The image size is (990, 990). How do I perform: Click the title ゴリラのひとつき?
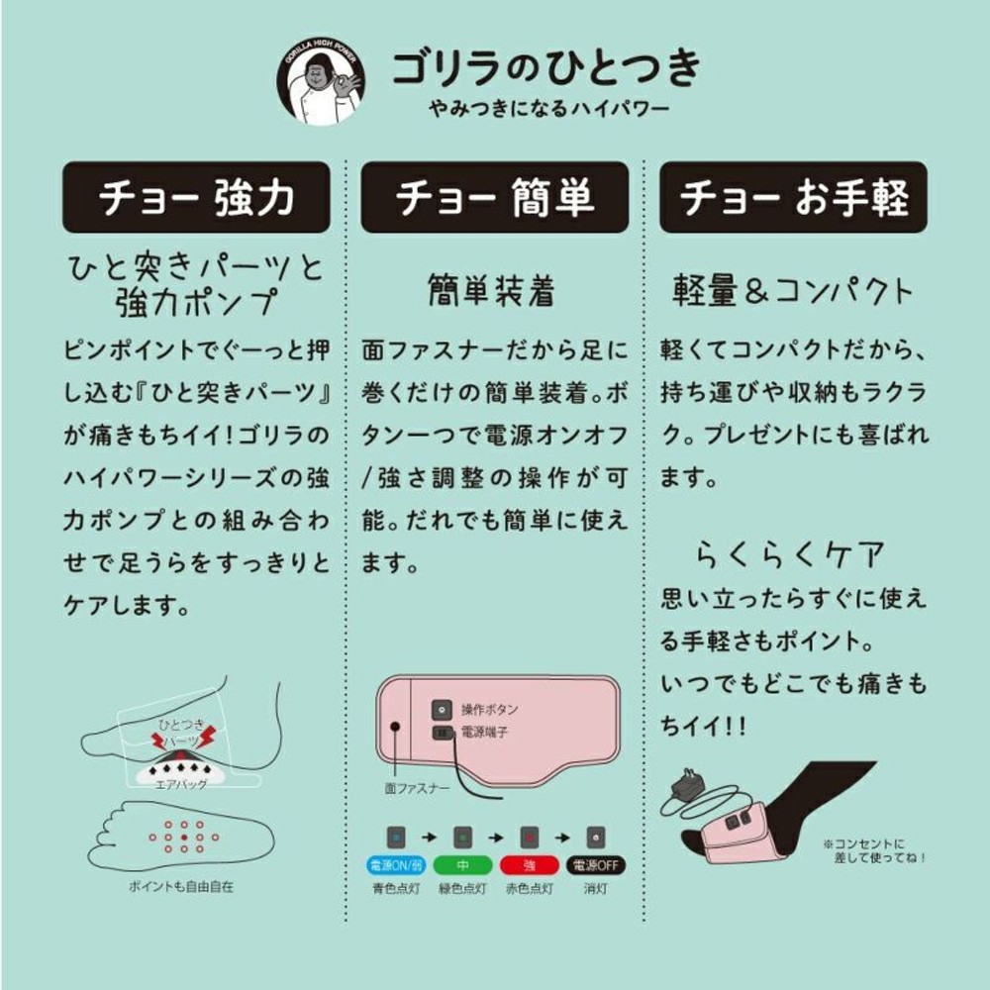pos(545,67)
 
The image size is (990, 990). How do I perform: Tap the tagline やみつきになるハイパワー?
pos(544,108)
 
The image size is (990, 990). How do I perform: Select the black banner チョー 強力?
pos(196,197)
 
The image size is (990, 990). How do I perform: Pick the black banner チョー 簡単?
pos(494,197)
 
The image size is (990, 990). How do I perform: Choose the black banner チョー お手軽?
pos(793,197)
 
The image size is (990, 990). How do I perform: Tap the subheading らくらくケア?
pos(789,551)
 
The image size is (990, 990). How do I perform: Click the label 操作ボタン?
pos(489,710)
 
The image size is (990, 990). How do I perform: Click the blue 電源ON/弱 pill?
pos(394,864)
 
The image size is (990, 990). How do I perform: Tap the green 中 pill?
pos(460,864)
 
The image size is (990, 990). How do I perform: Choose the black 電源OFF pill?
pos(595,864)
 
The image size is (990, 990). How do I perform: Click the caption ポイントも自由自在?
pos(180,886)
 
